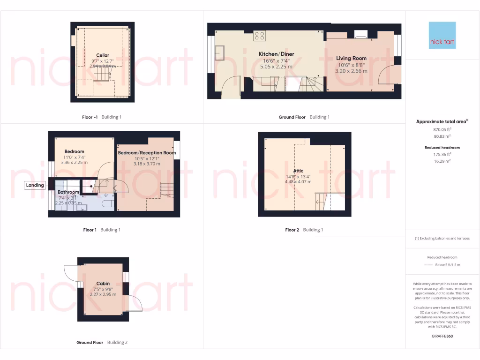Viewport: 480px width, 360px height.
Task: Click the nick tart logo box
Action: pyautogui.click(x=442, y=35)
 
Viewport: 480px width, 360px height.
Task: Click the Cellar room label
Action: pyautogui.click(x=103, y=55)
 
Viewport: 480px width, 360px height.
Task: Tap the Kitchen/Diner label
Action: pyautogui.click(x=276, y=54)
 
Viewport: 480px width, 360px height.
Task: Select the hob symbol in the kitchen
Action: pyautogui.click(x=259, y=36)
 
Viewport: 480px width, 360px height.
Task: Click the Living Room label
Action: pyautogui.click(x=351, y=59)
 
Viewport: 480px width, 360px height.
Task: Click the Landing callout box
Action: pyautogui.click(x=35, y=185)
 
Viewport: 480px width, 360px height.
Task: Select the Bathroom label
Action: pyautogui.click(x=68, y=192)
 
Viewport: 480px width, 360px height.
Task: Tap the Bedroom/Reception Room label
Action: pyautogui.click(x=147, y=153)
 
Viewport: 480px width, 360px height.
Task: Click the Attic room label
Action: pyautogui.click(x=299, y=171)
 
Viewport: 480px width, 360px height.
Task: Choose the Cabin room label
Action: pyautogui.click(x=103, y=284)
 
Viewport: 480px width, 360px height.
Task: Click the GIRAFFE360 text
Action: pyautogui.click(x=442, y=336)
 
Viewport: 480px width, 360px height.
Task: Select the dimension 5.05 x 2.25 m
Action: pyautogui.click(x=276, y=67)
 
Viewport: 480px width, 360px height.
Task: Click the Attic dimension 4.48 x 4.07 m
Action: pyautogui.click(x=299, y=182)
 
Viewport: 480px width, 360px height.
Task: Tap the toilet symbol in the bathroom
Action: pyautogui.click(x=106, y=203)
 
